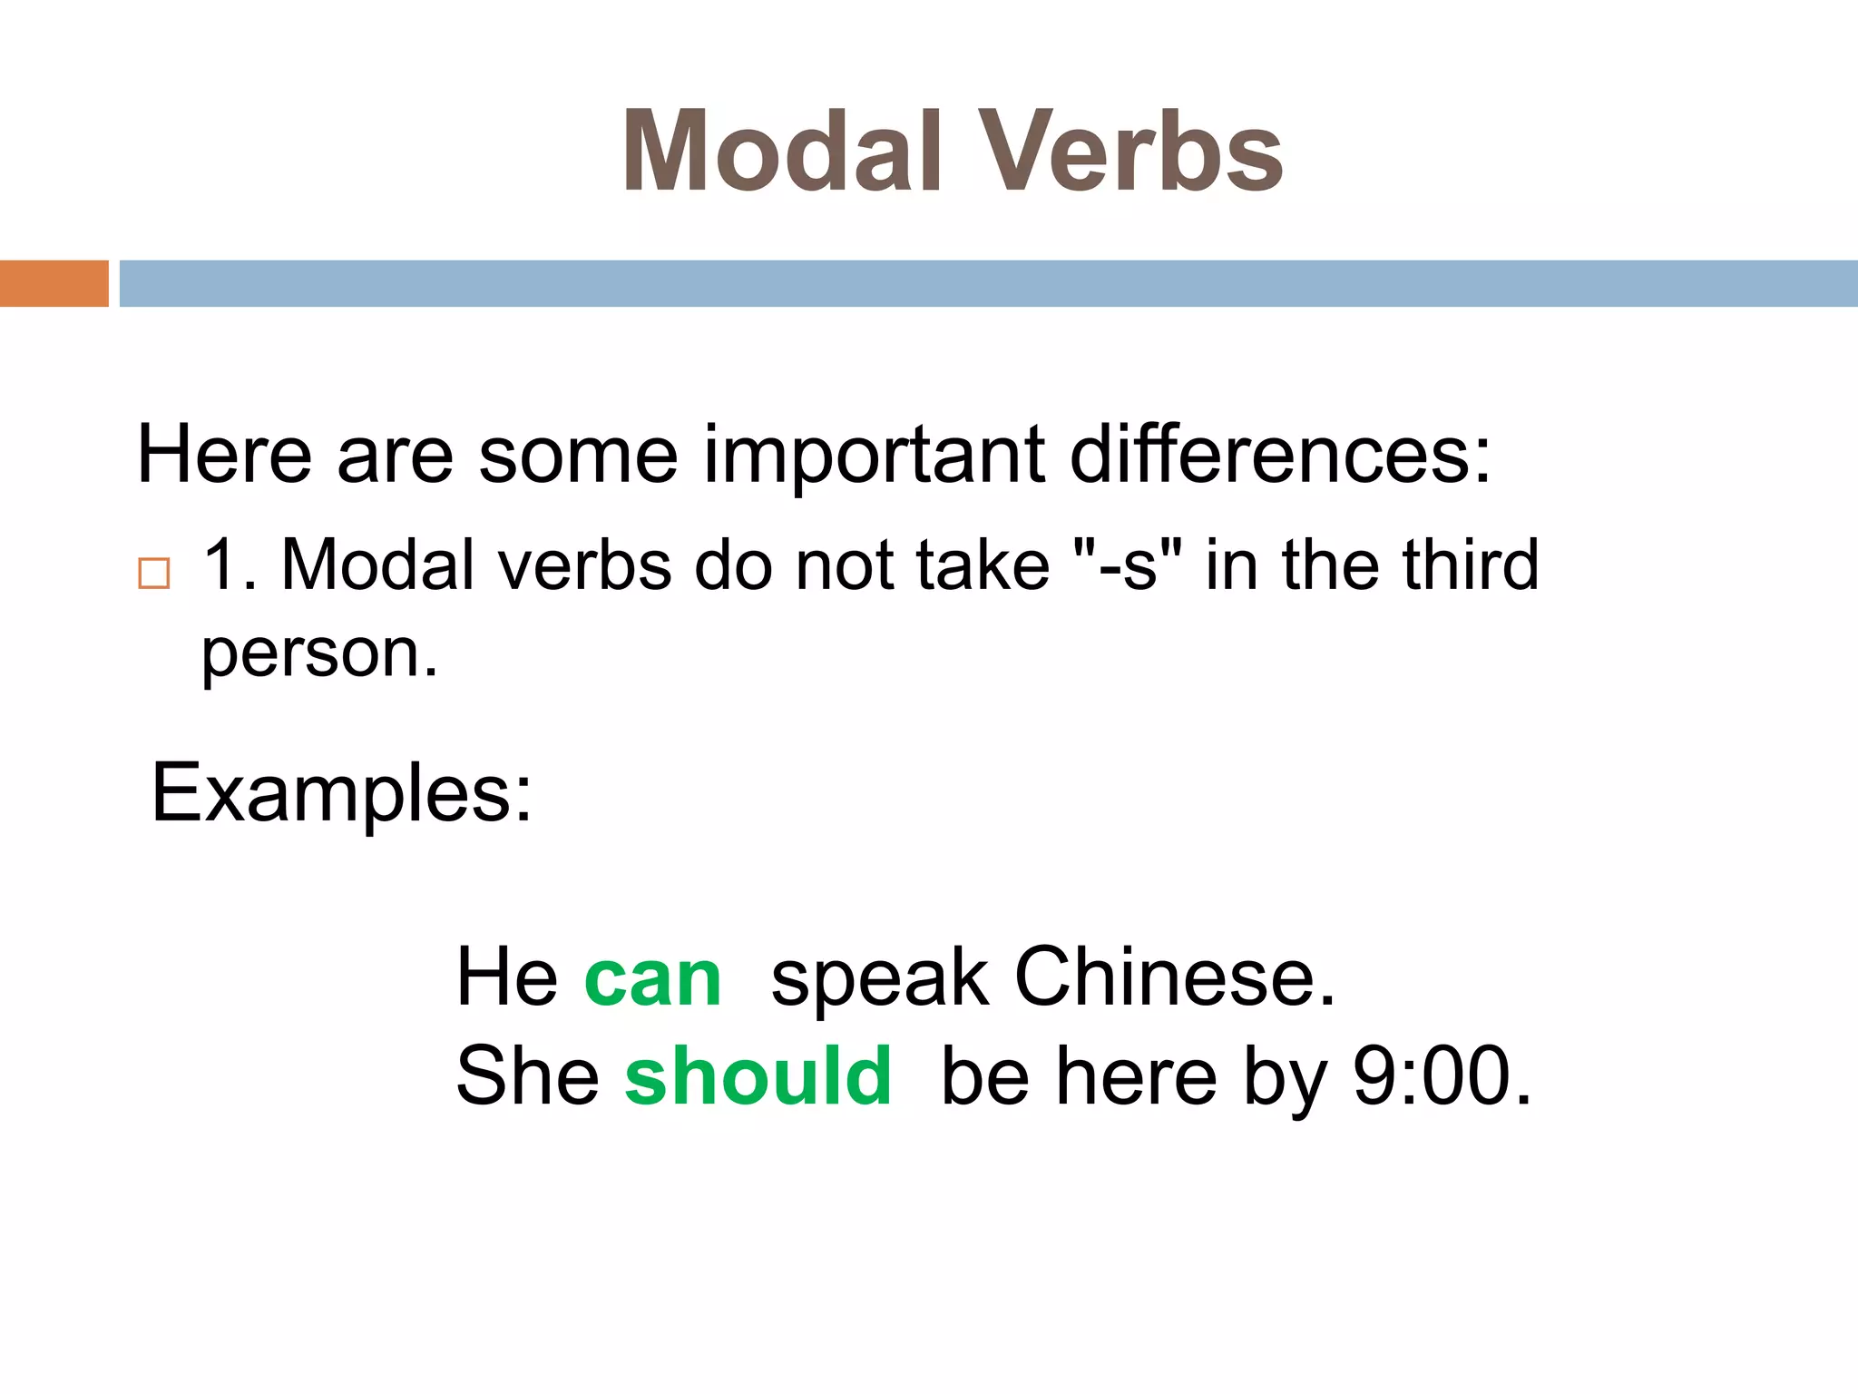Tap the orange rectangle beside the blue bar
(54, 283)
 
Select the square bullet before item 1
(153, 574)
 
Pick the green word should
(758, 1076)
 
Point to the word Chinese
(1174, 978)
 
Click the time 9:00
(1441, 1076)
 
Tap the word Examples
(341, 793)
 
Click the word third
(1471, 564)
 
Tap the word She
(527, 1076)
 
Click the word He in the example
(506, 978)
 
